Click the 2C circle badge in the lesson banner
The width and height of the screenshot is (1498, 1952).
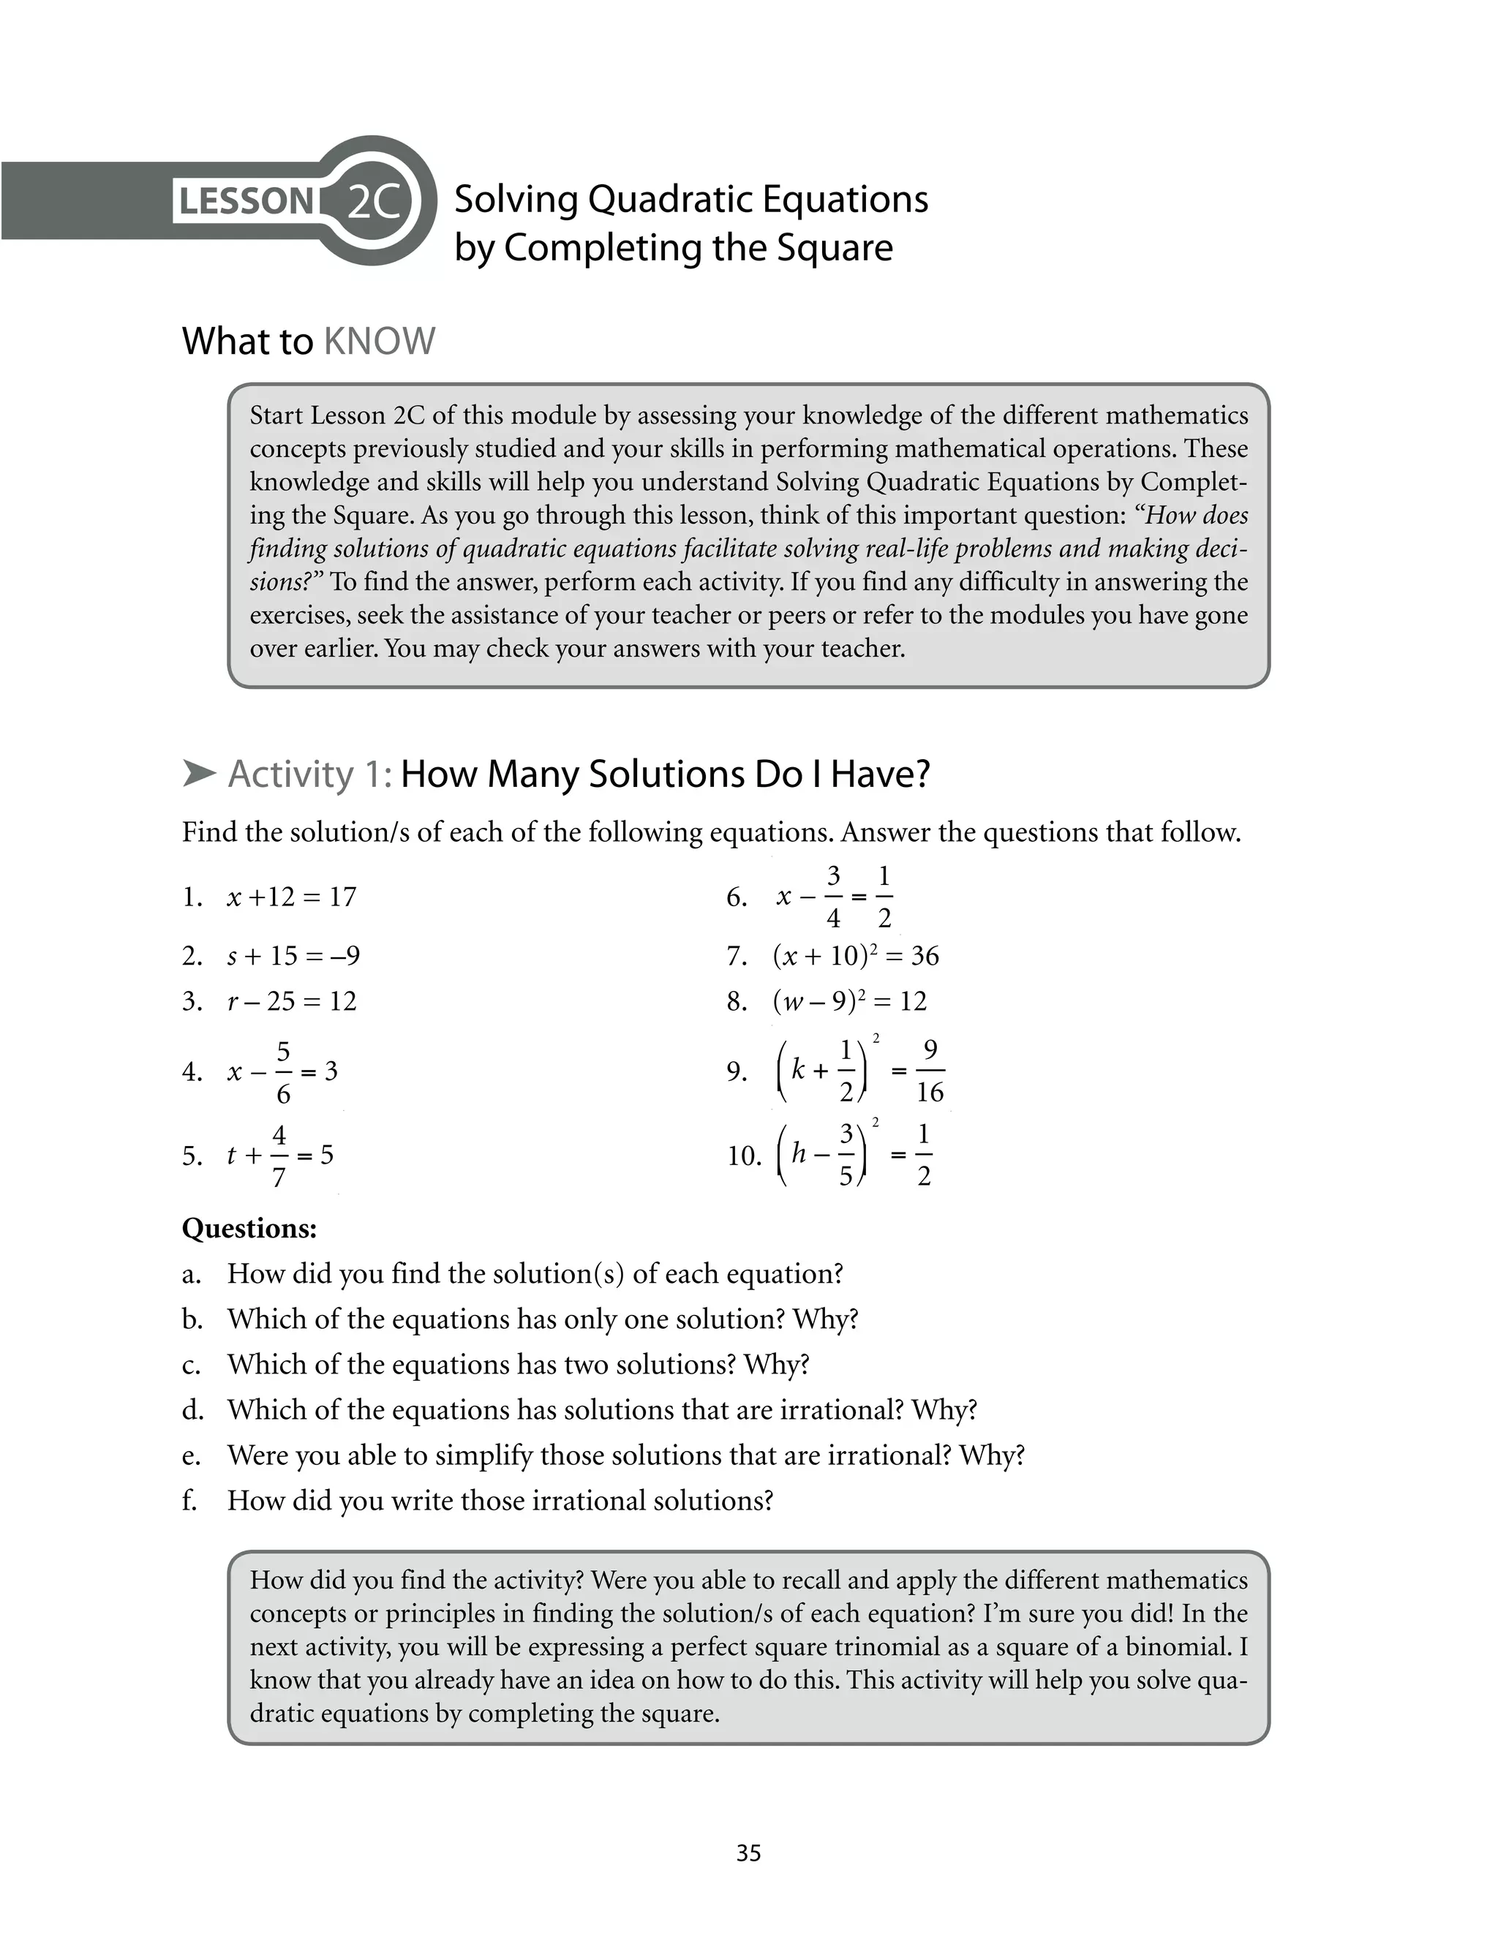pyautogui.click(x=373, y=201)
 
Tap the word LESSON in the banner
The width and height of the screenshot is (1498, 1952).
pyautogui.click(x=246, y=201)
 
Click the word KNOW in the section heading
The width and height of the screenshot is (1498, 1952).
pyautogui.click(x=379, y=342)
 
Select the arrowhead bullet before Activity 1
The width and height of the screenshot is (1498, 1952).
pyautogui.click(x=199, y=774)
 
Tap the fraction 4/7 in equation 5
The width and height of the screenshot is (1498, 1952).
pyautogui.click(x=279, y=1156)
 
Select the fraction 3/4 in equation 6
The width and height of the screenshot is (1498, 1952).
pyautogui.click(x=833, y=897)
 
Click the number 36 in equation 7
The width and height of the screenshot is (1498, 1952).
pyautogui.click(x=925, y=957)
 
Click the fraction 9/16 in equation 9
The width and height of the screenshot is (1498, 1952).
pyautogui.click(x=929, y=1071)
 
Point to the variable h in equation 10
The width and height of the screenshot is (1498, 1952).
pyautogui.click(x=799, y=1154)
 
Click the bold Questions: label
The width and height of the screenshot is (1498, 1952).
pyautogui.click(x=249, y=1229)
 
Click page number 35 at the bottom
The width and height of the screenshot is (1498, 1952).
pyautogui.click(x=748, y=1853)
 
